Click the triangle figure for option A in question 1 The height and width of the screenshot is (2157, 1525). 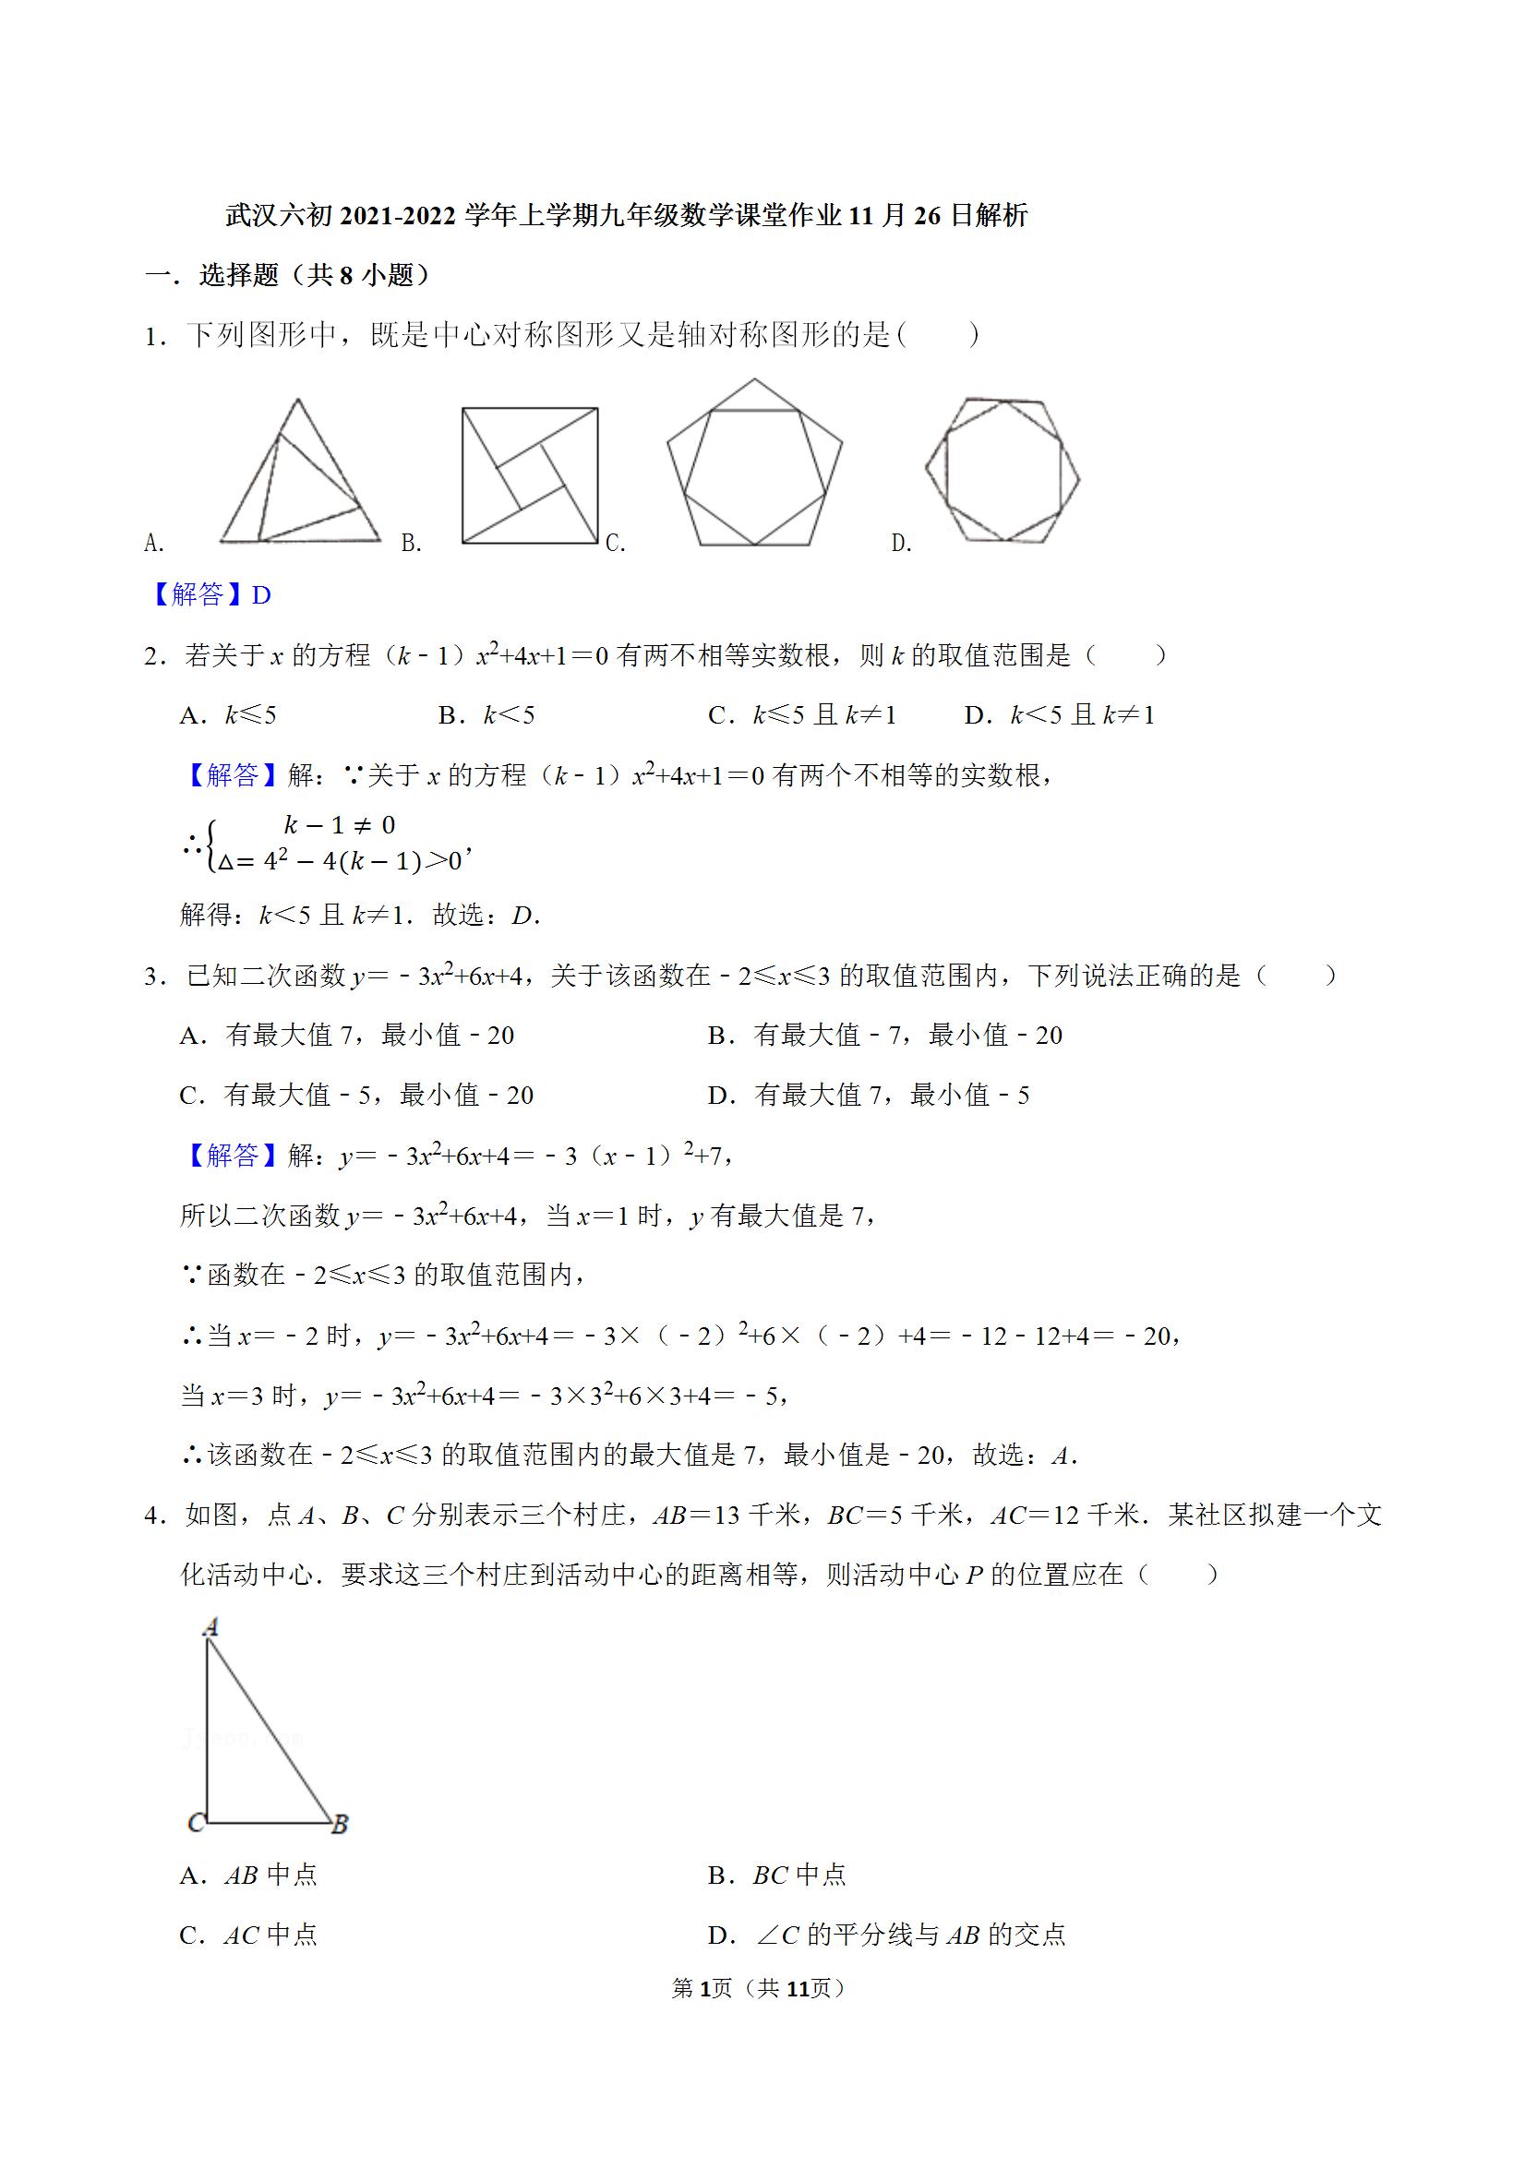click(x=300, y=474)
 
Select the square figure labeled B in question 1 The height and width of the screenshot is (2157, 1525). click(x=530, y=475)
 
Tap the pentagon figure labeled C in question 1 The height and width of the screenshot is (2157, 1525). click(x=754, y=463)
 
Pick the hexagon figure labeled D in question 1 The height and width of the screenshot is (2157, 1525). click(x=1003, y=470)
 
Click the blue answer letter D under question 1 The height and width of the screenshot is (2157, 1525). click(x=262, y=594)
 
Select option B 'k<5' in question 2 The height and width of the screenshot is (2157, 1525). click(x=486, y=715)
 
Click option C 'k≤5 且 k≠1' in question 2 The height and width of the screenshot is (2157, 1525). click(x=802, y=715)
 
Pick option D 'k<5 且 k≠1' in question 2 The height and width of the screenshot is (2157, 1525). click(x=1059, y=715)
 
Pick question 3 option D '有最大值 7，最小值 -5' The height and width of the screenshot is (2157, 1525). click(x=870, y=1095)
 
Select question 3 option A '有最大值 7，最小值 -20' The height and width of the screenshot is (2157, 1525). click(x=348, y=1036)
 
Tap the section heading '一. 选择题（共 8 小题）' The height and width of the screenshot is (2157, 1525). click(x=287, y=275)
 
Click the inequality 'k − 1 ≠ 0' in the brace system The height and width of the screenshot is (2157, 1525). click(x=339, y=825)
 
